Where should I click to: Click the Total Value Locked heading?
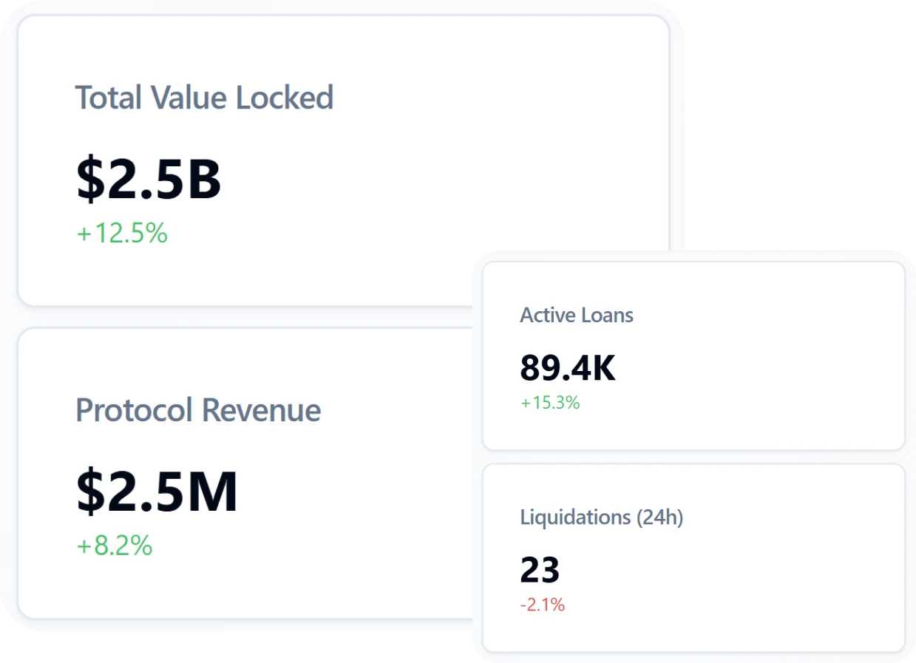click(204, 98)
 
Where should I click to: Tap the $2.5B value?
click(149, 180)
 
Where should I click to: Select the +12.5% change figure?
click(123, 234)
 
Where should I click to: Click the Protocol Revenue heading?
click(198, 410)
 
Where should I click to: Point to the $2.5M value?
click(157, 492)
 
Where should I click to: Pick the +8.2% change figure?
click(115, 546)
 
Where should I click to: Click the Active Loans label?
click(577, 316)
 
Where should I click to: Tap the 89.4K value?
click(568, 368)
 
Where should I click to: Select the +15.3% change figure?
click(550, 403)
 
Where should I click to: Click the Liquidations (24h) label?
click(601, 517)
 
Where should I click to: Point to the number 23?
click(540, 571)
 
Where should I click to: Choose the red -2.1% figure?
click(542, 605)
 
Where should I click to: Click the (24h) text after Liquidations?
click(659, 517)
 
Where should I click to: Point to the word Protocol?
click(135, 410)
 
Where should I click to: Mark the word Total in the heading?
click(109, 98)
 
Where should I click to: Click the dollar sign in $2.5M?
click(90, 492)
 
